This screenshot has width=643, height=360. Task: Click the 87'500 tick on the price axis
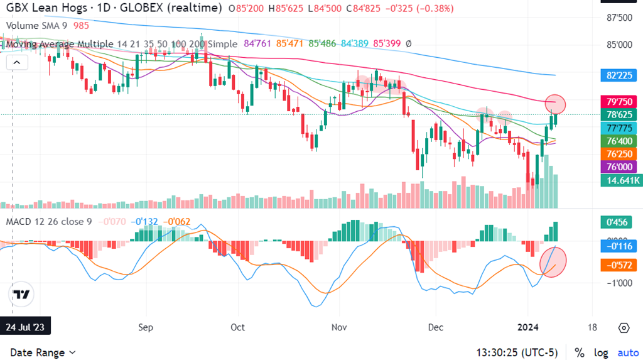[619, 18]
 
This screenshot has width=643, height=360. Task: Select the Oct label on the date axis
[237, 327]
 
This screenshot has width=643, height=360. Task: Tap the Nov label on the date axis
[339, 327]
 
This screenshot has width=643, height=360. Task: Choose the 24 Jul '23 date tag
[26, 327]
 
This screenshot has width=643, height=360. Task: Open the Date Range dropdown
[43, 352]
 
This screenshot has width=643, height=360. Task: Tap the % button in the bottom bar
[579, 352]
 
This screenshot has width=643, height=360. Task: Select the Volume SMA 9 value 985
[81, 25]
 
